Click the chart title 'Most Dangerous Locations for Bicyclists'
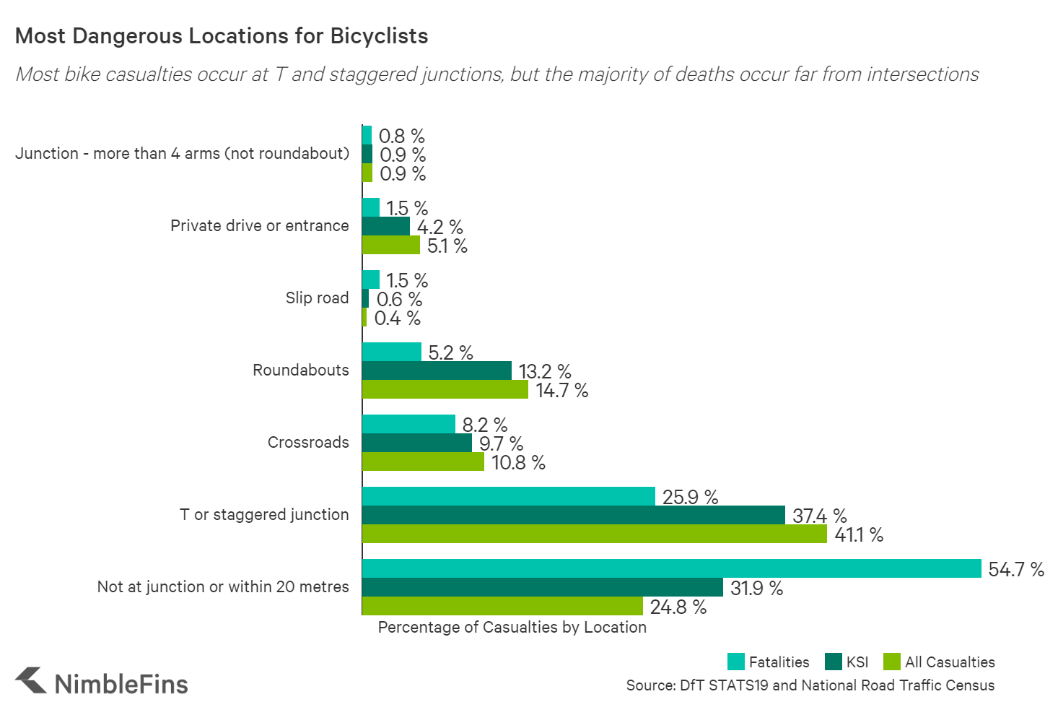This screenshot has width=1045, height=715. pos(222,36)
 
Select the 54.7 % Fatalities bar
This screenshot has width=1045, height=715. pos(671,568)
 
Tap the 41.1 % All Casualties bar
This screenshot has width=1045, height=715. pos(594,534)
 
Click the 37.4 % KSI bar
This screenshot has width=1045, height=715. pos(573,515)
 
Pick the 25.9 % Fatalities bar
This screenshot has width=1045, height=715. pos(508,496)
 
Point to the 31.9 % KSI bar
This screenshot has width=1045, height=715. pos(542,587)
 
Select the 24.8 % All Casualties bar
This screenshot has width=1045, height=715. pos(502,606)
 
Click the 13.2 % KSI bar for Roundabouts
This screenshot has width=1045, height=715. pos(437,370)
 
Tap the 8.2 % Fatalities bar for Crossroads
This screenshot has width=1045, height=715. pos(408,424)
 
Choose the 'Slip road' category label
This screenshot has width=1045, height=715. pos(317,298)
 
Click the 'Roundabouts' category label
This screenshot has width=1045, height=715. pos(300,370)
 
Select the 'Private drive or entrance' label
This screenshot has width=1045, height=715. pos(259,225)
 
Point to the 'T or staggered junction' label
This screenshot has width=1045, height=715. pos(264,514)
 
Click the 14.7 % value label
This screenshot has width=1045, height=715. pos(561,391)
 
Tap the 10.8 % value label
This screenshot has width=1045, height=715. pos(518,463)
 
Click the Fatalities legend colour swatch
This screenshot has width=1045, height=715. pos(735,662)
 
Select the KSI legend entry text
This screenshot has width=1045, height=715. pos(857,662)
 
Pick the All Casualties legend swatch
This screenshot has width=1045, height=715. pos(891,662)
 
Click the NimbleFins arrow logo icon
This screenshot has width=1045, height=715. pos(31,681)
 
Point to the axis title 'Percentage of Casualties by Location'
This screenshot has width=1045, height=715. pos(512,627)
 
